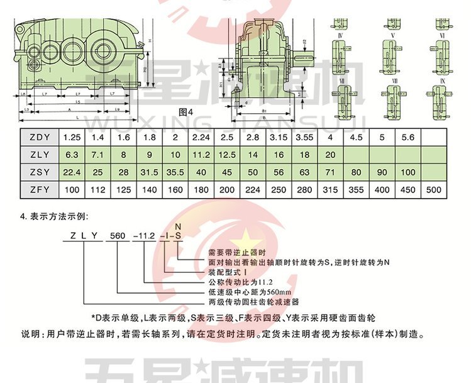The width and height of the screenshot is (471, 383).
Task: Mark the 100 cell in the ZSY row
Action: coord(407,172)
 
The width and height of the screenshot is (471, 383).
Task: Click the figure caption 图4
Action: coord(187,113)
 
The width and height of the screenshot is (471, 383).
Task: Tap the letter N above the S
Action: coord(177,226)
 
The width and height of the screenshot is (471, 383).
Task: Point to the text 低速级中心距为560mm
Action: coord(250,292)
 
